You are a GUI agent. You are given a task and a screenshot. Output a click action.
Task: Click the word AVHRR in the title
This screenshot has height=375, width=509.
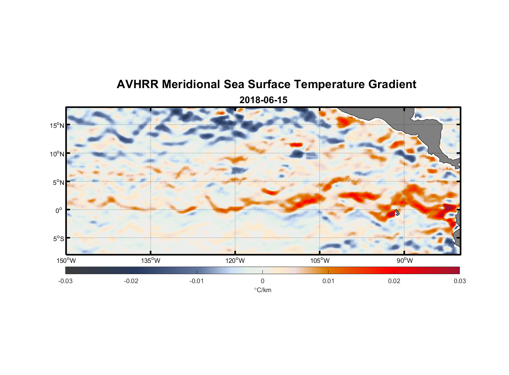(137, 84)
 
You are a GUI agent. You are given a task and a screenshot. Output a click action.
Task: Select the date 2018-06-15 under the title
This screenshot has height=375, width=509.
(263, 100)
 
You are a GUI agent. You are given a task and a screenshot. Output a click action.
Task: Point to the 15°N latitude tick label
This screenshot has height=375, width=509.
(57, 125)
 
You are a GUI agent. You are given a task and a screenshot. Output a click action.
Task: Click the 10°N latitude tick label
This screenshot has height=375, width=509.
(57, 154)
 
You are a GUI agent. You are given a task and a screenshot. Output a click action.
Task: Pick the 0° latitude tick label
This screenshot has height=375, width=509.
(59, 210)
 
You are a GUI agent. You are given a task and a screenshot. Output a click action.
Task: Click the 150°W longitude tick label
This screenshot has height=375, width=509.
(66, 261)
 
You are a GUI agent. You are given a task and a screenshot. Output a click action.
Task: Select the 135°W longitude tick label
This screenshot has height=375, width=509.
(151, 261)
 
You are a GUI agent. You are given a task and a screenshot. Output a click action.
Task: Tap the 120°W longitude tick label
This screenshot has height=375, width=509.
(235, 261)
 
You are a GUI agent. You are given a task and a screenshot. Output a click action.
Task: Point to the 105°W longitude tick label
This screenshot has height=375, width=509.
(320, 261)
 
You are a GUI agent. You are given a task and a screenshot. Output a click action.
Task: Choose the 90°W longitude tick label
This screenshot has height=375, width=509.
(405, 261)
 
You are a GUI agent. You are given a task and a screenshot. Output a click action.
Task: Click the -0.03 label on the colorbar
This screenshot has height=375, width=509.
(65, 281)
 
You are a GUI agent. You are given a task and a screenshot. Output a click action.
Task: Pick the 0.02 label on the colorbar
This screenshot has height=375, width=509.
(394, 281)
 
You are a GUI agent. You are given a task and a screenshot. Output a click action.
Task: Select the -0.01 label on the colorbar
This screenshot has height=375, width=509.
(197, 281)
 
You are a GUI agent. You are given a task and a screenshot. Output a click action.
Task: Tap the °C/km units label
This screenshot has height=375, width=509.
(262, 290)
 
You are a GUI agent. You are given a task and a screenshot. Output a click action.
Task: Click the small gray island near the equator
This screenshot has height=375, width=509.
(397, 212)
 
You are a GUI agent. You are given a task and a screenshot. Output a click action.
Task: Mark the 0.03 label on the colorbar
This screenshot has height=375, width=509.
(459, 281)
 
